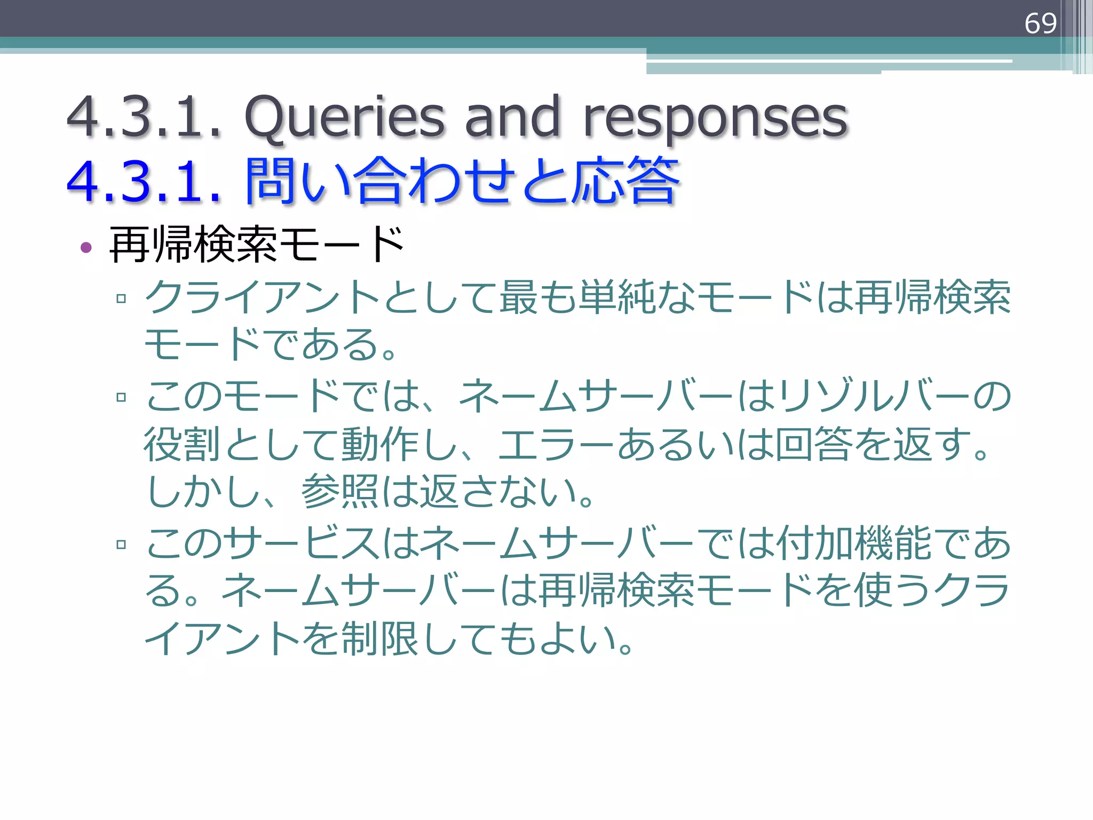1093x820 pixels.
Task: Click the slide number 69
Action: coord(1040,23)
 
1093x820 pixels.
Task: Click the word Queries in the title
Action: coord(344,116)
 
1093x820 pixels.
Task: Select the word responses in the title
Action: coord(716,116)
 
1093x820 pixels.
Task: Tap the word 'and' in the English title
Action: coord(512,116)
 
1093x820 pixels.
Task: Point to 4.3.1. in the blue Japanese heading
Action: coord(144,182)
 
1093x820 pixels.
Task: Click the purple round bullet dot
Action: coord(86,247)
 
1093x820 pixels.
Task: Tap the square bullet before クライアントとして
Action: coord(121,298)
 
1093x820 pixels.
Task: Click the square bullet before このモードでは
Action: coord(121,397)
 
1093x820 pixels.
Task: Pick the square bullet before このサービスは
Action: coord(121,545)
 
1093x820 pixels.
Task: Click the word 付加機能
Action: coord(854,543)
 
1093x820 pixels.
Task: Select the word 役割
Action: coord(182,444)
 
